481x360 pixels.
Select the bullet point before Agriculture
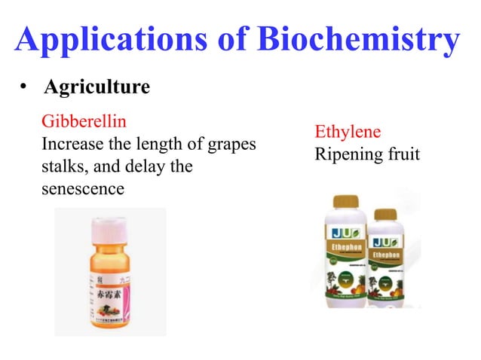point(24,89)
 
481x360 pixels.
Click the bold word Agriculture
point(97,88)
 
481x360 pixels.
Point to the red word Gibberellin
point(84,121)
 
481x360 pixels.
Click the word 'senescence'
point(83,188)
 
